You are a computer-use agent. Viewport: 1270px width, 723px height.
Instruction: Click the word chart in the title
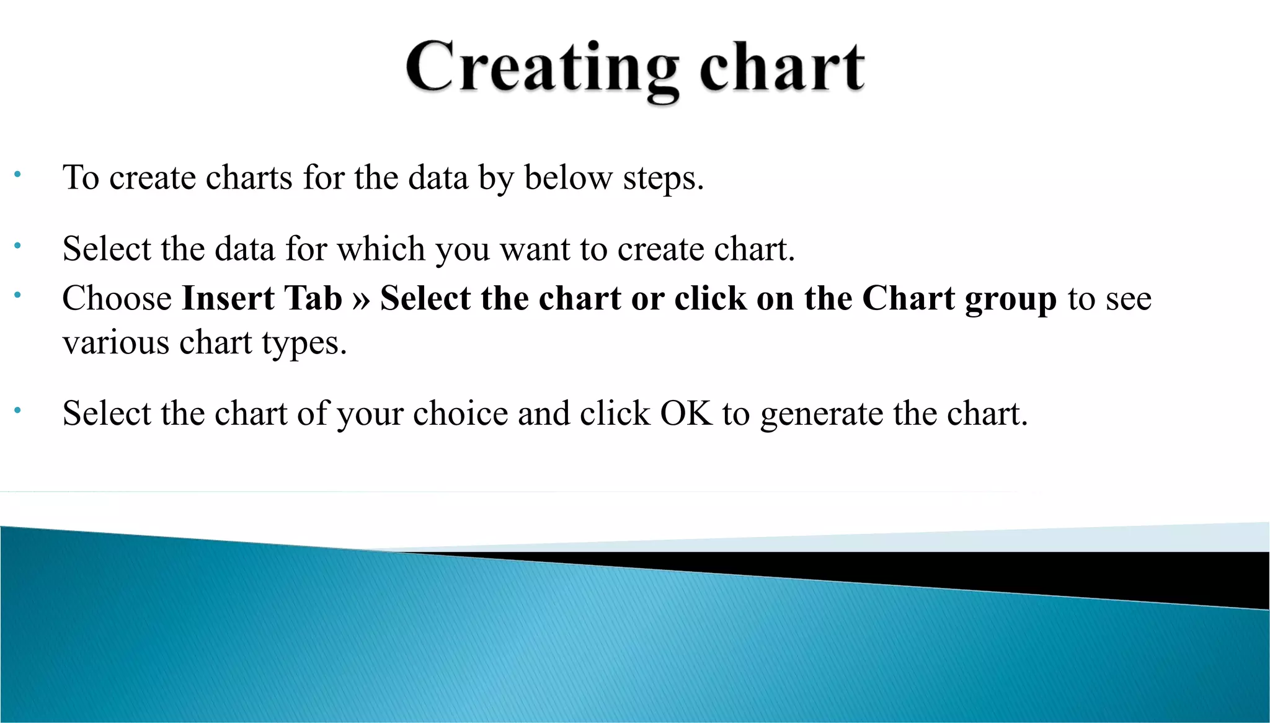coord(782,68)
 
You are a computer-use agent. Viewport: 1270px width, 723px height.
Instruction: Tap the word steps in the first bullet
coord(663,178)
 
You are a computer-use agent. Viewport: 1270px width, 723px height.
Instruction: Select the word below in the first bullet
coord(568,178)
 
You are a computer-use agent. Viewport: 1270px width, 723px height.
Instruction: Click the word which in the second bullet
coord(381,249)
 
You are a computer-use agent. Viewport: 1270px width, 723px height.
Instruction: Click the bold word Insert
coord(228,298)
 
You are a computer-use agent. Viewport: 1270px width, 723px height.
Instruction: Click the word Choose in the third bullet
coord(117,298)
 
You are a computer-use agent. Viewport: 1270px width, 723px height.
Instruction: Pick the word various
coord(116,343)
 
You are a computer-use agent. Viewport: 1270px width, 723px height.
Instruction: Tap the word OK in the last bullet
coord(686,414)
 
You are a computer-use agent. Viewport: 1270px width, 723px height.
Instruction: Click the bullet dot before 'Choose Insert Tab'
coord(18,295)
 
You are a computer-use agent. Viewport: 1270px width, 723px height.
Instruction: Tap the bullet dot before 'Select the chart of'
coord(18,410)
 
